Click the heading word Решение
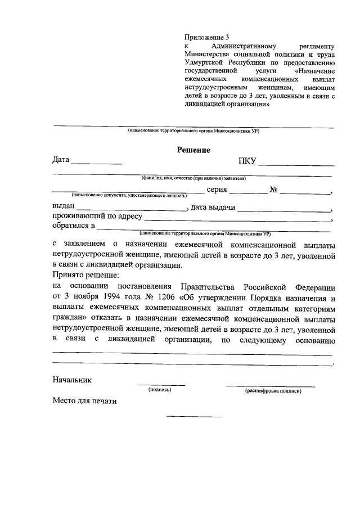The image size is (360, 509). click(193, 150)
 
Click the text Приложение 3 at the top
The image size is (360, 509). click(207, 37)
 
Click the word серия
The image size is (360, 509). click(217, 190)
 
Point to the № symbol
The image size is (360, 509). click(274, 190)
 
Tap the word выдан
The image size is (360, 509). click(64, 208)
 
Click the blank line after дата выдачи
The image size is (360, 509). click(284, 210)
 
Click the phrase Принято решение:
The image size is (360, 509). click(86, 276)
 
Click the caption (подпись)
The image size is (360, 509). click(160, 389)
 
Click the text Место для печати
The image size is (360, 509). click(84, 401)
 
